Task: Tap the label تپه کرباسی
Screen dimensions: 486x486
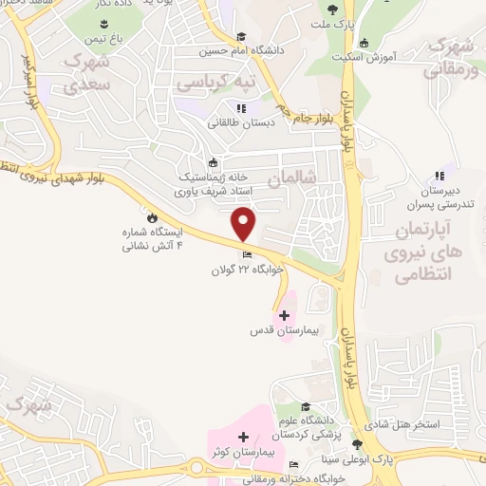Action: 219,82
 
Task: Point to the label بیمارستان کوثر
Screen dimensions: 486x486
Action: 245,452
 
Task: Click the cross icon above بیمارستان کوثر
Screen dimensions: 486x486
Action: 244,438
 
